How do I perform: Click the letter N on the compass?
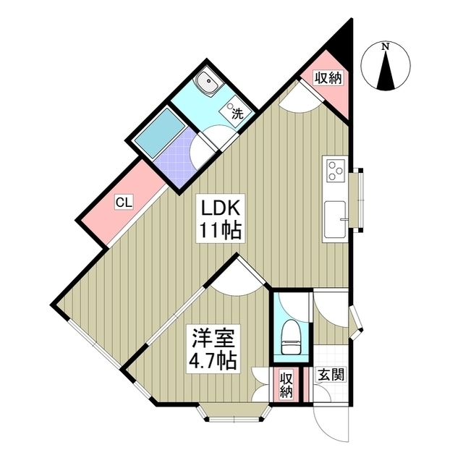[x=385, y=46]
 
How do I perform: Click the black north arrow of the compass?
[x=386, y=70]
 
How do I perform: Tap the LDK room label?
[x=220, y=208]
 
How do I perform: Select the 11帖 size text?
[x=221, y=230]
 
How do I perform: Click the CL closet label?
[x=124, y=203]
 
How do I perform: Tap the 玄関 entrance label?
[x=331, y=375]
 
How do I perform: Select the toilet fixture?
[x=292, y=337]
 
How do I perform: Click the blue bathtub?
[x=161, y=130]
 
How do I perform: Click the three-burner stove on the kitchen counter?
[x=336, y=171]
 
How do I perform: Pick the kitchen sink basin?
[x=335, y=219]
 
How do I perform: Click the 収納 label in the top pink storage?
[x=328, y=78]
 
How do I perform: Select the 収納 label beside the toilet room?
[x=286, y=385]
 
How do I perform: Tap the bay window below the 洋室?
[x=234, y=414]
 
